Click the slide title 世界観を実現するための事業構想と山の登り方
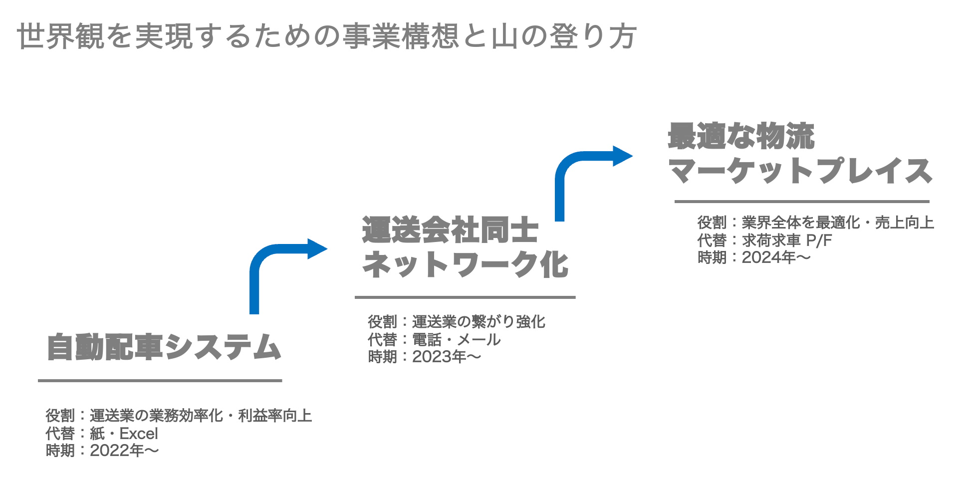[327, 36]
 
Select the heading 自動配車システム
[164, 347]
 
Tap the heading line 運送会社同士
[450, 231]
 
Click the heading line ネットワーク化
[465, 264]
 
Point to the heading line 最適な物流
[741, 136]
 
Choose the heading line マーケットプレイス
[800, 171]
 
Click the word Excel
[139, 433]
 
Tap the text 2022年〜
[124, 451]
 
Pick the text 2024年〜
[776, 257]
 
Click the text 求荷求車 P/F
[787, 240]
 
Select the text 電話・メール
[456, 340]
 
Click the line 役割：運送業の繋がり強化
[457, 322]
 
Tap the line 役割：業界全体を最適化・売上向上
[815, 223]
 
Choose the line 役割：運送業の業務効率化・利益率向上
[179, 416]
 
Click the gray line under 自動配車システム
[160, 381]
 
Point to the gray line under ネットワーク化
[465, 297]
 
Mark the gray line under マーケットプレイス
[801, 202]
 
